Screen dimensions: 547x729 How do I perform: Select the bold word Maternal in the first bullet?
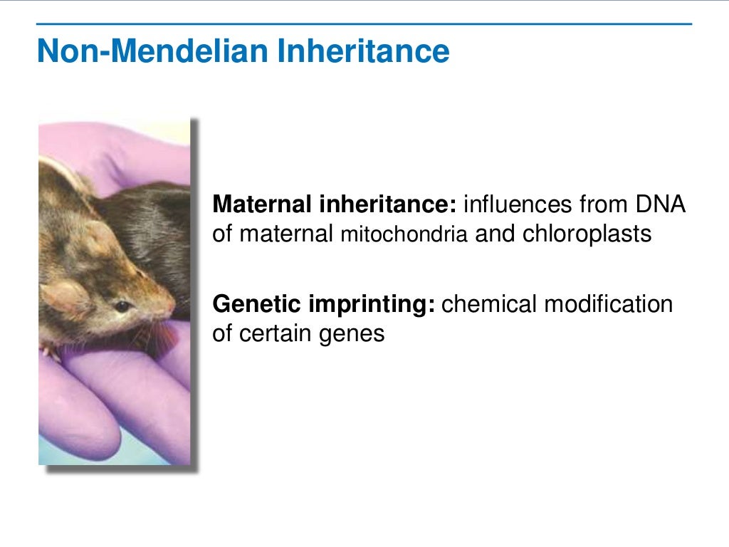261,205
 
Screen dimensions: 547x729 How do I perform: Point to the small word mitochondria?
404,236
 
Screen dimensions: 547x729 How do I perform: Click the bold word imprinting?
369,305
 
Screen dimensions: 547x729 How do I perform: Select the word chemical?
490,305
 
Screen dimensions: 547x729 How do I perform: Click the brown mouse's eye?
123,306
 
